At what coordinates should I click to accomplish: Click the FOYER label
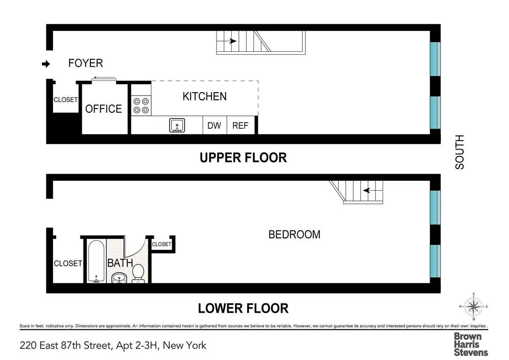click(85, 63)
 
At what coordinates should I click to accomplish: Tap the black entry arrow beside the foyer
click(46, 64)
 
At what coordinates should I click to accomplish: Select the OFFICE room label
click(103, 109)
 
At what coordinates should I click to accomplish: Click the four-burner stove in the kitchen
click(141, 106)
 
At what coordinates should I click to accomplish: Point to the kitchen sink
click(177, 126)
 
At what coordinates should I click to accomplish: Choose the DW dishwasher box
click(215, 126)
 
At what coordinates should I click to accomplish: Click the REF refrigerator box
click(241, 126)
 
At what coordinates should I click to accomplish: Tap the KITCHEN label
click(204, 96)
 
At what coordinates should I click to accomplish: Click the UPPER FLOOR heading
click(243, 157)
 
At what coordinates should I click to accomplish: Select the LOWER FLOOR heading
click(243, 308)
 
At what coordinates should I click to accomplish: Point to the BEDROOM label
click(294, 234)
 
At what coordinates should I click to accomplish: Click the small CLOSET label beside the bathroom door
click(161, 244)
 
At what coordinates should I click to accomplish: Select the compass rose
click(473, 306)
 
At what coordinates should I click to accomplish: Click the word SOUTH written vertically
click(459, 152)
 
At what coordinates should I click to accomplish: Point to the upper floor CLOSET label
click(65, 100)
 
